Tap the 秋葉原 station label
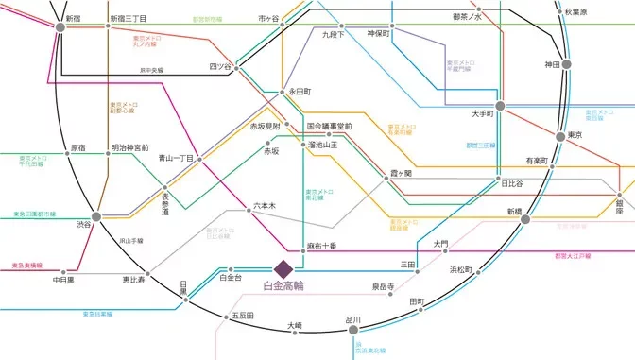click(602, 12)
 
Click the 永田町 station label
click(300, 93)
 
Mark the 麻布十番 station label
click(322, 246)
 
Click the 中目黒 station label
click(63, 281)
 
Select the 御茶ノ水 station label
click(467, 17)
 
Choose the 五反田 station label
click(244, 316)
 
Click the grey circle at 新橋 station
click(525, 218)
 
